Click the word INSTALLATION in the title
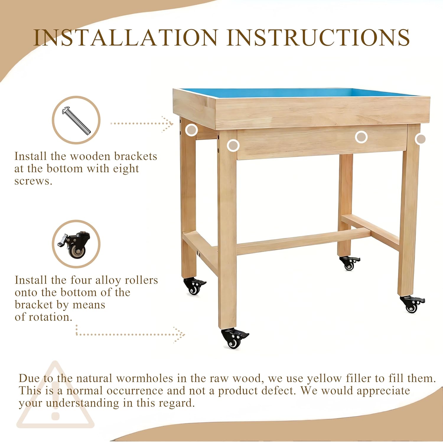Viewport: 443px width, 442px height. point(126,37)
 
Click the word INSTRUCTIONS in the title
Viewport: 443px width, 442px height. point(318,37)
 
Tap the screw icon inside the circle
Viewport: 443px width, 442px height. point(76,120)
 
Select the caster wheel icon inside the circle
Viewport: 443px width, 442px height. point(75,245)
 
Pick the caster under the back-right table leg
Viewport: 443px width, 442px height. point(349,263)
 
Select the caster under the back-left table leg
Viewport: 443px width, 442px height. point(194,286)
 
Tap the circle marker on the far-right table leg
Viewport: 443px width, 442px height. point(420,139)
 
